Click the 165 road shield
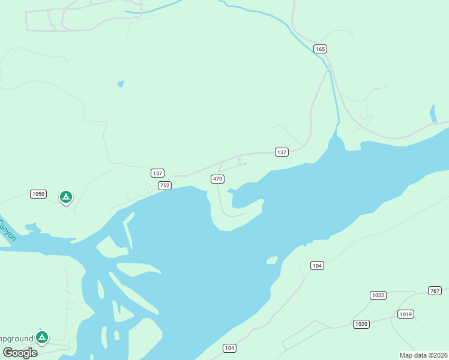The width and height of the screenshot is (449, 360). (x=320, y=49)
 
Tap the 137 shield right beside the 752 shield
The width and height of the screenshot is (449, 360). (x=157, y=173)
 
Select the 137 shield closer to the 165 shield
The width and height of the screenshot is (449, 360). (x=282, y=152)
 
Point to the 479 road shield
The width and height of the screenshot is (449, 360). (x=217, y=179)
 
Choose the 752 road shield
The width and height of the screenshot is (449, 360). (x=165, y=186)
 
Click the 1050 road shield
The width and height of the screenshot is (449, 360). (x=38, y=194)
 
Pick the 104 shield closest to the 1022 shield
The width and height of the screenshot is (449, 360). (x=318, y=265)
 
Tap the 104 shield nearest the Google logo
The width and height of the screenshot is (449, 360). (x=229, y=348)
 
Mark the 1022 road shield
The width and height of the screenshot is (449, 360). (x=378, y=295)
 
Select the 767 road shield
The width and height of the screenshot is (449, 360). (x=435, y=290)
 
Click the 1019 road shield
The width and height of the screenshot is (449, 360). (x=405, y=314)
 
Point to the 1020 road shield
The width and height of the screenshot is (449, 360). (x=361, y=324)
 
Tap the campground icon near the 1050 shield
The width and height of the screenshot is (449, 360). (x=65, y=196)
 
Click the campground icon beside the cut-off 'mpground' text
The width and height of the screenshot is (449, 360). (x=41, y=337)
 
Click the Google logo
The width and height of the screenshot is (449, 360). (x=20, y=353)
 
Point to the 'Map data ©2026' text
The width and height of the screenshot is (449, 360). (x=423, y=355)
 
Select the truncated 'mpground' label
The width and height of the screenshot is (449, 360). (x=16, y=339)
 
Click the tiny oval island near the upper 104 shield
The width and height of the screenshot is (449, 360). (x=272, y=260)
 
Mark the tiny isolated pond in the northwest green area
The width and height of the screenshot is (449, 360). (x=121, y=83)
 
